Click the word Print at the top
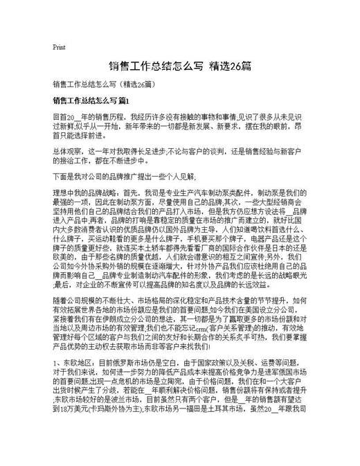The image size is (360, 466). tap(59, 47)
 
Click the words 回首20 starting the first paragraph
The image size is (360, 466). tap(64, 117)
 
